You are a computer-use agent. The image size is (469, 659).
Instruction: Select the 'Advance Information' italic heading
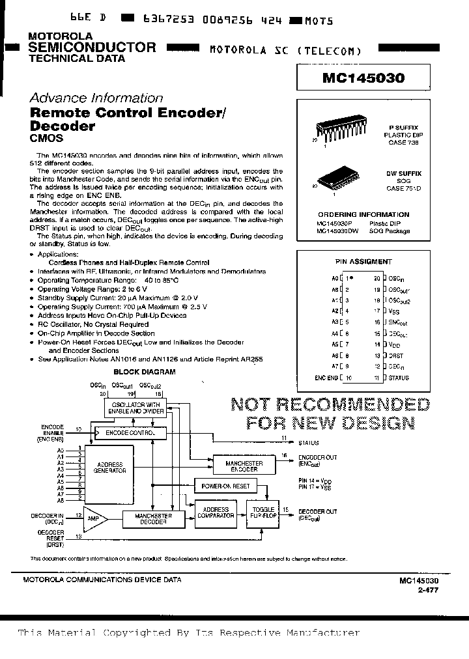(x=96, y=98)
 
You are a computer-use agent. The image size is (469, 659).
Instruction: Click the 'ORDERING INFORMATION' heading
(x=363, y=214)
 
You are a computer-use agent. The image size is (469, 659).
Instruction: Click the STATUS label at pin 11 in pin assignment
(x=399, y=378)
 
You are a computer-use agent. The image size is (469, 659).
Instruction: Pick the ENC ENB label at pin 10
(x=326, y=378)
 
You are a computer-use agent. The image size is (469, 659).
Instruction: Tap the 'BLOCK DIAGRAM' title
(x=145, y=372)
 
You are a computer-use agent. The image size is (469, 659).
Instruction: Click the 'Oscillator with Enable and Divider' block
(x=135, y=408)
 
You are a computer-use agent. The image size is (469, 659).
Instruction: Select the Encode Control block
(x=130, y=432)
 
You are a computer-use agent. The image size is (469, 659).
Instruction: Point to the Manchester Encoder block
(x=244, y=466)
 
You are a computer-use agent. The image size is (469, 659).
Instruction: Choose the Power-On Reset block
(x=225, y=486)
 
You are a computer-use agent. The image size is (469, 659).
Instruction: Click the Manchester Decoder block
(x=154, y=519)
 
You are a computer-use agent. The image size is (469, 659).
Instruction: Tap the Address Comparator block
(x=216, y=512)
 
